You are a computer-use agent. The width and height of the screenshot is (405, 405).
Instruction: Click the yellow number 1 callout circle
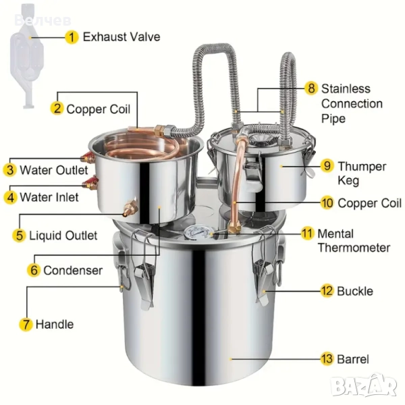click(x=72, y=36)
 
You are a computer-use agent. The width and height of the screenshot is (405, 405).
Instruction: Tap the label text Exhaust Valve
click(x=122, y=36)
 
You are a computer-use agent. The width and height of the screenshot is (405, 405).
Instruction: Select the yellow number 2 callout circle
click(x=57, y=108)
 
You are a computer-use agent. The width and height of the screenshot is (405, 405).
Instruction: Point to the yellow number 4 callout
click(x=10, y=198)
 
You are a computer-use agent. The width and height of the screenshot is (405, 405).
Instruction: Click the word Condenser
click(x=73, y=270)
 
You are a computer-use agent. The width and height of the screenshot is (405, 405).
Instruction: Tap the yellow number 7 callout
click(x=26, y=324)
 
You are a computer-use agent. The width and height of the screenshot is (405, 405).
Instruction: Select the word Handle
click(x=55, y=324)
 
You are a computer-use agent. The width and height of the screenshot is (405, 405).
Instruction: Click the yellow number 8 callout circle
click(x=311, y=88)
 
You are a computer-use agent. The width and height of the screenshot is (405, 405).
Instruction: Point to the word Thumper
click(x=362, y=166)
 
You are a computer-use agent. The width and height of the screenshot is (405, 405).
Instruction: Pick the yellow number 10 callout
click(x=327, y=202)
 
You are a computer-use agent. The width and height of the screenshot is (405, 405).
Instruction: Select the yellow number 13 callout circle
click(x=327, y=359)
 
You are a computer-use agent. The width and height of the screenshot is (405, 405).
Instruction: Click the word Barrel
click(x=354, y=359)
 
